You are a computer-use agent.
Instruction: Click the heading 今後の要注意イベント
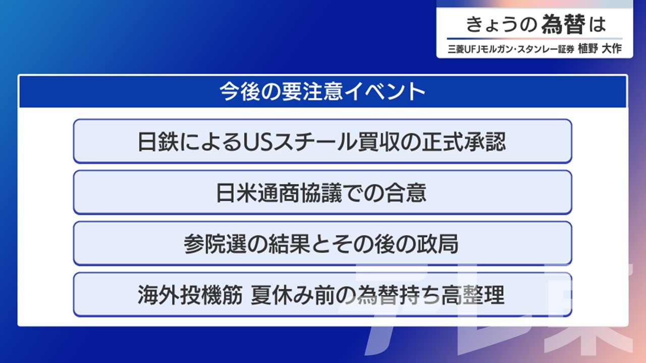coord(322,91)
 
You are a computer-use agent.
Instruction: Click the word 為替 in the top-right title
coord(563,24)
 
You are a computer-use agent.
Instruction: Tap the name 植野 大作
coord(600,49)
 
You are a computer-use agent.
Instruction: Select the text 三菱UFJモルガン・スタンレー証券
coord(511,49)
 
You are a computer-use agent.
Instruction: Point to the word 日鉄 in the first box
coord(158,142)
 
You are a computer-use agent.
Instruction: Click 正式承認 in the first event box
coord(464,142)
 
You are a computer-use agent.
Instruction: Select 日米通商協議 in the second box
coord(279,193)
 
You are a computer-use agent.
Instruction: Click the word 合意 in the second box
coord(405,193)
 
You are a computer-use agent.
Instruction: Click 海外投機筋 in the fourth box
coord(190,295)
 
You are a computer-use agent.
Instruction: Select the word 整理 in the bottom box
coord(483,295)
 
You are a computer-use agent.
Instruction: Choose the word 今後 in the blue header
coord(240,91)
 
